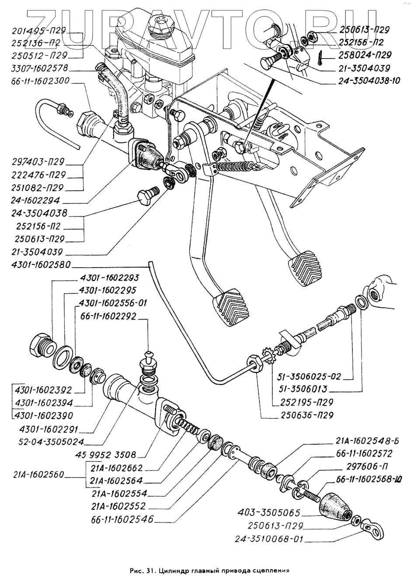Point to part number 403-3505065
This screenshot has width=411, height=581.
(x=268, y=512)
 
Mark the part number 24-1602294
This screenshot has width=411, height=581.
(x=37, y=201)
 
